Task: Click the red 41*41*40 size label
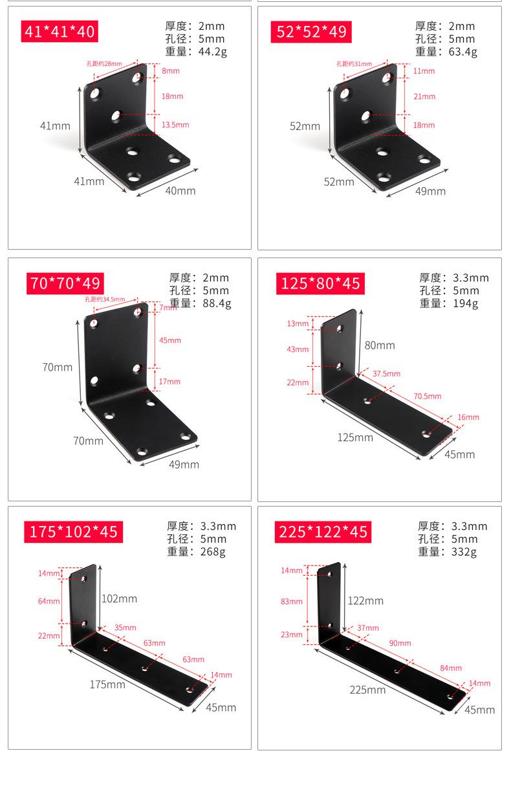(x=60, y=31)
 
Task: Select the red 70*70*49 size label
(x=65, y=283)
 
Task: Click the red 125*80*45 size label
(x=320, y=283)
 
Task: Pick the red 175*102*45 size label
(x=73, y=532)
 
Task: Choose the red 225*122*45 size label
(x=323, y=532)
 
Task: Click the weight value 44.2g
(x=212, y=52)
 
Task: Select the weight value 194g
(x=466, y=303)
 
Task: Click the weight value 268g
(x=212, y=552)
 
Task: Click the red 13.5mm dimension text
(x=175, y=125)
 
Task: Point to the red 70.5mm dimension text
(x=428, y=396)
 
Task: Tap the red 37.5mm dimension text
(x=387, y=374)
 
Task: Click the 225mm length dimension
(x=367, y=690)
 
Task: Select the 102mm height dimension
(x=120, y=598)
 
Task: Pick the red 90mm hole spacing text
(x=400, y=643)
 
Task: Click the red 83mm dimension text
(x=292, y=602)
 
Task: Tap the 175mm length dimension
(x=107, y=684)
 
